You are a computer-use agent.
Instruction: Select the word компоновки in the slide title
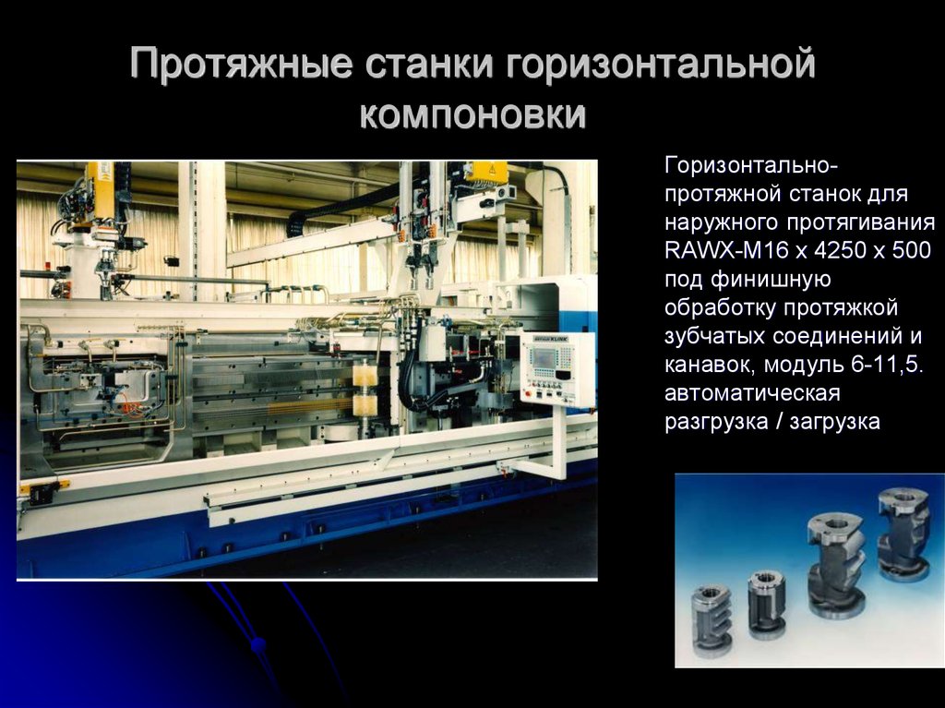[472, 115]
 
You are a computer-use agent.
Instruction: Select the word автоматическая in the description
[751, 392]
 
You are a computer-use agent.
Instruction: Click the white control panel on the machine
[557, 370]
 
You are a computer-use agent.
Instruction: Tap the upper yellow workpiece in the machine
[365, 375]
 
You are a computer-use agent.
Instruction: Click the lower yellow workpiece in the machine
[365, 404]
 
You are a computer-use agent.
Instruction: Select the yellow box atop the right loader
[485, 172]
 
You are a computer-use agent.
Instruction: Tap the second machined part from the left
[766, 603]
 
